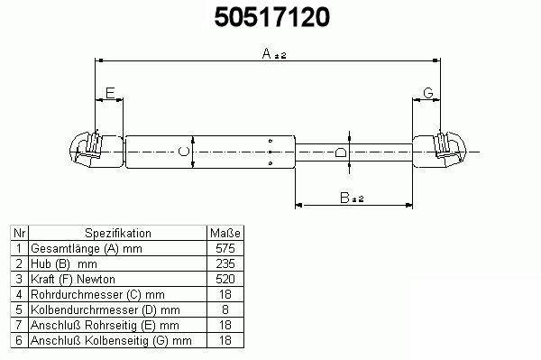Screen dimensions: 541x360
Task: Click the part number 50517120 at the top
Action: pyautogui.click(x=272, y=17)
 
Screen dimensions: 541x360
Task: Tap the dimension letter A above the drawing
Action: pyautogui.click(x=267, y=53)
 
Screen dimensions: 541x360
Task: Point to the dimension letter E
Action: pyautogui.click(x=110, y=93)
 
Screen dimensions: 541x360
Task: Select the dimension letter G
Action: pyautogui.click(x=427, y=93)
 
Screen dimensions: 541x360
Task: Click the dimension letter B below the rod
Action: pyautogui.click(x=344, y=198)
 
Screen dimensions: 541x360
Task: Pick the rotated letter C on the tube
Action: pyautogui.click(x=184, y=152)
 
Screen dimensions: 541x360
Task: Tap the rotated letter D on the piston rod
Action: pyautogui.click(x=341, y=152)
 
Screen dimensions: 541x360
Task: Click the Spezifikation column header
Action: pyautogui.click(x=118, y=234)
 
